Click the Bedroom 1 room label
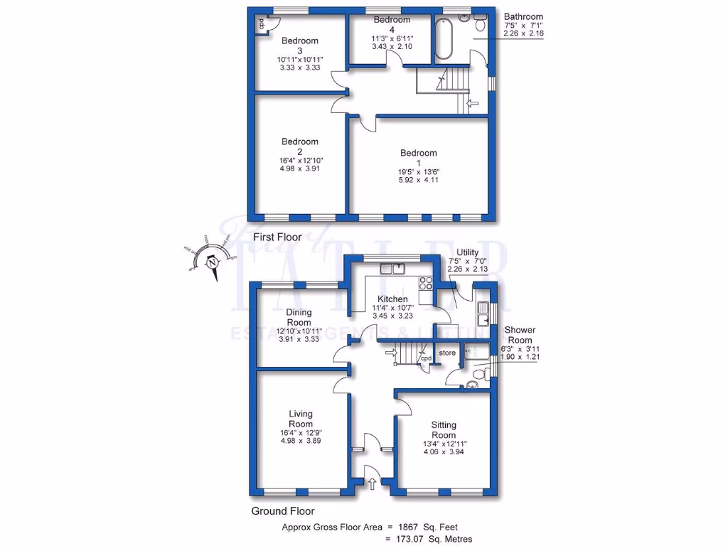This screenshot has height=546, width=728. (418, 158)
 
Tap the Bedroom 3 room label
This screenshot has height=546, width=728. (299, 45)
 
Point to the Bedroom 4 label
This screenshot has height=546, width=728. (392, 25)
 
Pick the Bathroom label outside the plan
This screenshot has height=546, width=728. (523, 16)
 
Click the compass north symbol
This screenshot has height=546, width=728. (212, 262)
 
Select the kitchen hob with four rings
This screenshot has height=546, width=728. (427, 284)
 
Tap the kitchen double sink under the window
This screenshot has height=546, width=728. (392, 269)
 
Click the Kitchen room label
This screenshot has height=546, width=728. (392, 299)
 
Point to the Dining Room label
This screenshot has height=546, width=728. (299, 317)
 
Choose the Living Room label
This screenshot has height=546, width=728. (301, 419)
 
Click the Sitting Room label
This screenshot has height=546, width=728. (444, 430)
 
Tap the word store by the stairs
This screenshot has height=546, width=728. (446, 353)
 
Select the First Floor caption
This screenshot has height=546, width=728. (278, 237)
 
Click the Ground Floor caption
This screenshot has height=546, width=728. (282, 510)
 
